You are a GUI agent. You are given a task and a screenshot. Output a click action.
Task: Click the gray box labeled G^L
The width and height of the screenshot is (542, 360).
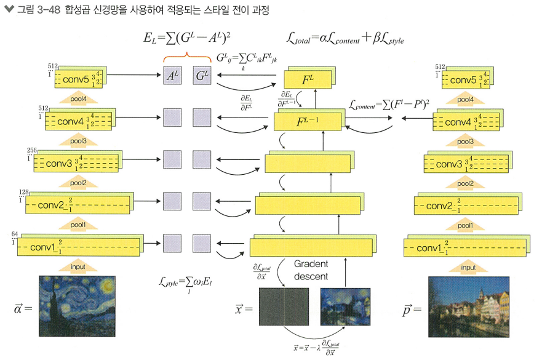[201, 76]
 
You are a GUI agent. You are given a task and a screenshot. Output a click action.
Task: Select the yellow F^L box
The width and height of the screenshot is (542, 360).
[307, 78]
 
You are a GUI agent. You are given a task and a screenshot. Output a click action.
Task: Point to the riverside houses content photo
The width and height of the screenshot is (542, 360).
[469, 306]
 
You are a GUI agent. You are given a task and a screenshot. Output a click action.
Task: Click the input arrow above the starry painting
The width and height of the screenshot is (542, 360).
[78, 266]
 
